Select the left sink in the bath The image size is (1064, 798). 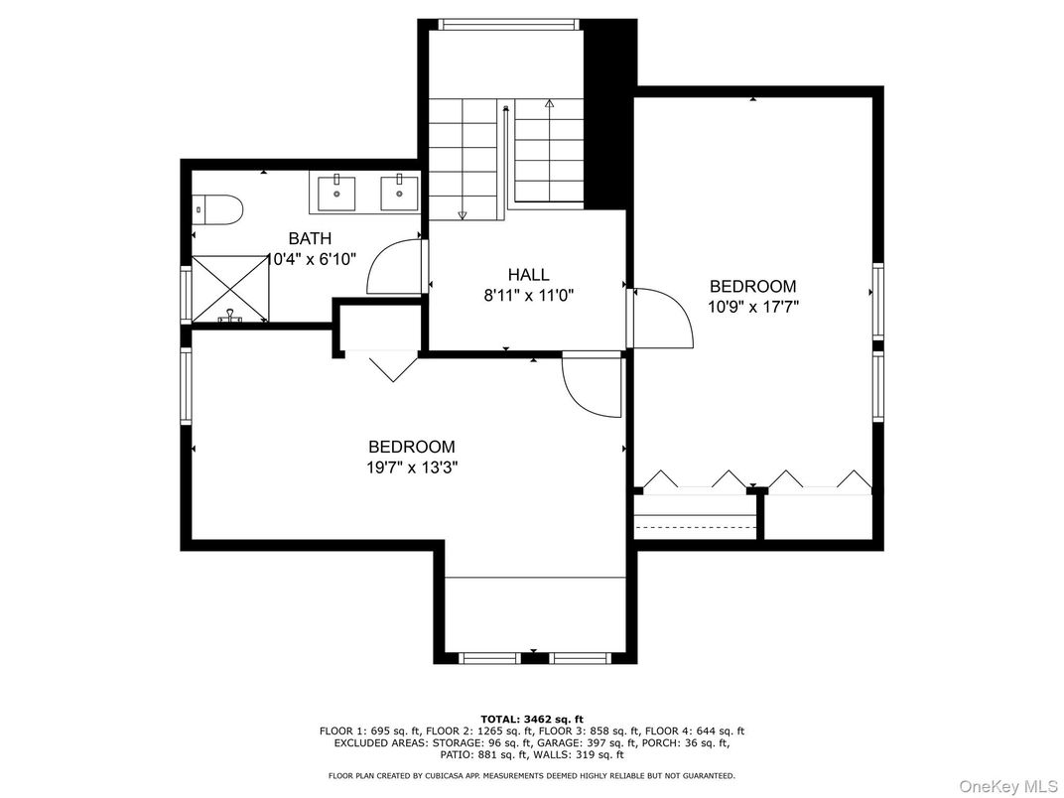coord(338,193)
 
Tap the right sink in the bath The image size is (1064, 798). coord(399,193)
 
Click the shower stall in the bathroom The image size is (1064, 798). coord(230,289)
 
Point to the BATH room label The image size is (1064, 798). coord(310,239)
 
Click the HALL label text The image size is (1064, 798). coord(528,275)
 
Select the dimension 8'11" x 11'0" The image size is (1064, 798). coord(528,295)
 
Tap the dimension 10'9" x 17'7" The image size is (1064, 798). coord(752,307)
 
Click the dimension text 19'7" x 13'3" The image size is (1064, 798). coord(411,467)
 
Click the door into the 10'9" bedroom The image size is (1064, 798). coord(661,317)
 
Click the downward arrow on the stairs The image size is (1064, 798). coord(463,212)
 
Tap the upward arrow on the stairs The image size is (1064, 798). coord(549,103)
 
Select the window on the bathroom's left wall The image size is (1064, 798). coord(186,295)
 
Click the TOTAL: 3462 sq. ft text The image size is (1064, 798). coord(532,718)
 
